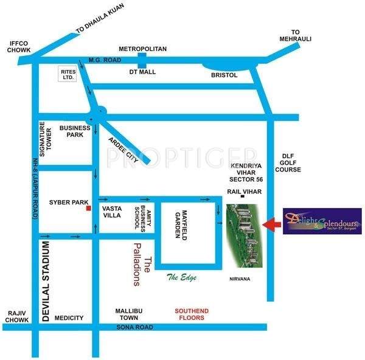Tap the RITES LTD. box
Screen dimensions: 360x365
coord(67,74)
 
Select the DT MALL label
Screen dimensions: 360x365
coord(144,72)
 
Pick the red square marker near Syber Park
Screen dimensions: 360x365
coord(89,208)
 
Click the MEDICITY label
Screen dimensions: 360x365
coord(69,317)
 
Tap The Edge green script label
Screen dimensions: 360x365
coord(182,277)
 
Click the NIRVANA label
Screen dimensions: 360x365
coord(240,279)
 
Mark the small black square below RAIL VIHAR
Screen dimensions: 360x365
coord(242,197)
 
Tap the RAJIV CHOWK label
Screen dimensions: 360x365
coord(15,317)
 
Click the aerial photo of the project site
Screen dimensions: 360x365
coord(243,236)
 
